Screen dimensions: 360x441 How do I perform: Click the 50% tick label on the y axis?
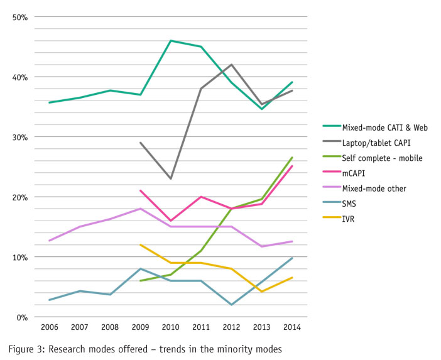coord(20,17)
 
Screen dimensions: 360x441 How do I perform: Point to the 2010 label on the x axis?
coord(171,328)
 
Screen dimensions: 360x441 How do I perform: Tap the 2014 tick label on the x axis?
coord(292,328)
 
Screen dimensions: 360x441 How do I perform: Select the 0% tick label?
coord(23,317)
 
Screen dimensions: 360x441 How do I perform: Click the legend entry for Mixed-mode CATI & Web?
coord(384,128)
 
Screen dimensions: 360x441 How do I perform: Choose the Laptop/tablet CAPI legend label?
coord(375,142)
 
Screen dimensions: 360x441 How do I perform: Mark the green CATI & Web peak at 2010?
coord(171,41)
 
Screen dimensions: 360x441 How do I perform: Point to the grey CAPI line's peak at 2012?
coord(232,65)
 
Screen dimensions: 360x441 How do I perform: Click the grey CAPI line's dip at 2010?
coord(171,178)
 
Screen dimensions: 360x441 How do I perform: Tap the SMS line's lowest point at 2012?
coord(232,305)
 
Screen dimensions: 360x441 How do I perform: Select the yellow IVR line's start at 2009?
coord(141,245)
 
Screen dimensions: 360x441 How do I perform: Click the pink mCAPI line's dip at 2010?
coord(171,221)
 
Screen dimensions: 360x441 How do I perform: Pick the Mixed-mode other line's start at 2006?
coord(49,241)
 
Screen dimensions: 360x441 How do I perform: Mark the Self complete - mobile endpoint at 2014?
coord(292,158)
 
